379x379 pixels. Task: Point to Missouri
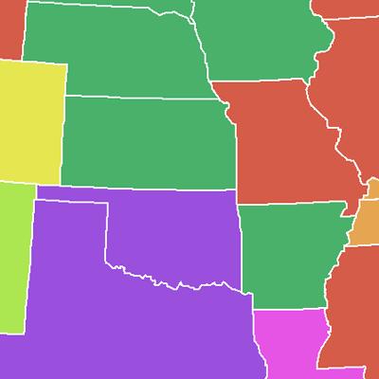[284, 142]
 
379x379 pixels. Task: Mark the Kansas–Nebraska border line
[142, 97]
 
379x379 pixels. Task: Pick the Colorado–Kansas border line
[63, 142]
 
